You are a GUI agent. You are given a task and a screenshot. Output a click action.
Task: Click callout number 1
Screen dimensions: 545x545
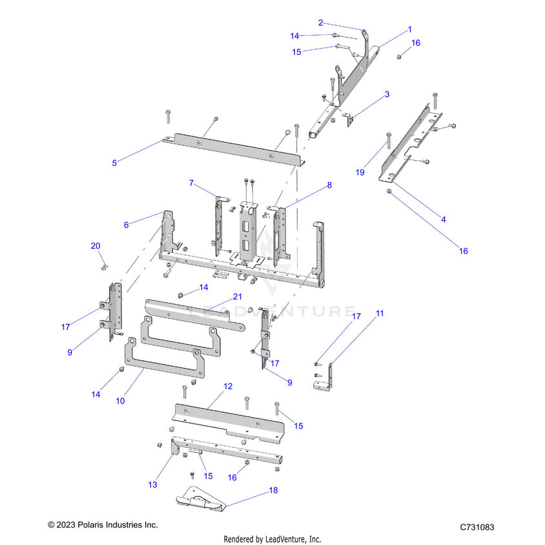coord(409,30)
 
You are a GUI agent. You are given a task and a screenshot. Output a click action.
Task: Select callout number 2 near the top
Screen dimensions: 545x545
coord(320,23)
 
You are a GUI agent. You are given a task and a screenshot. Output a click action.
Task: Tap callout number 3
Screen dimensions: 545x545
coord(387,94)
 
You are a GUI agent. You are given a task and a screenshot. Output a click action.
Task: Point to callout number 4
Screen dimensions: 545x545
coord(443,220)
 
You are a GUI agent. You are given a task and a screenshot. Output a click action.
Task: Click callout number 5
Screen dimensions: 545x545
coord(114,163)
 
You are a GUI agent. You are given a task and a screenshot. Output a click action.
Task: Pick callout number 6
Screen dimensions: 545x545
coord(127,225)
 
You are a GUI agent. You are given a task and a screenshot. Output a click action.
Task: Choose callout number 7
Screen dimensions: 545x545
coord(191,183)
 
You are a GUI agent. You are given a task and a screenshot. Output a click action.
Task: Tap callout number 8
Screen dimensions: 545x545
coord(329,185)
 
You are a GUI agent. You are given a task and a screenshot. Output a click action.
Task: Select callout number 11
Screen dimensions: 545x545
coord(380,313)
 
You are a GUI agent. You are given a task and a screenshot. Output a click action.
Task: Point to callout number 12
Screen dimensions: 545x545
coord(227,386)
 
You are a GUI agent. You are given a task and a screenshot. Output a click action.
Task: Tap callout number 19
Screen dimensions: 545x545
coord(360,172)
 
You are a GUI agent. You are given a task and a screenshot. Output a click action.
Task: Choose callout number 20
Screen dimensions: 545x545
coord(96,246)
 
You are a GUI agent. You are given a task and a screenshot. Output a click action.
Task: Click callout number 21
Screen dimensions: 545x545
coord(237,297)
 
